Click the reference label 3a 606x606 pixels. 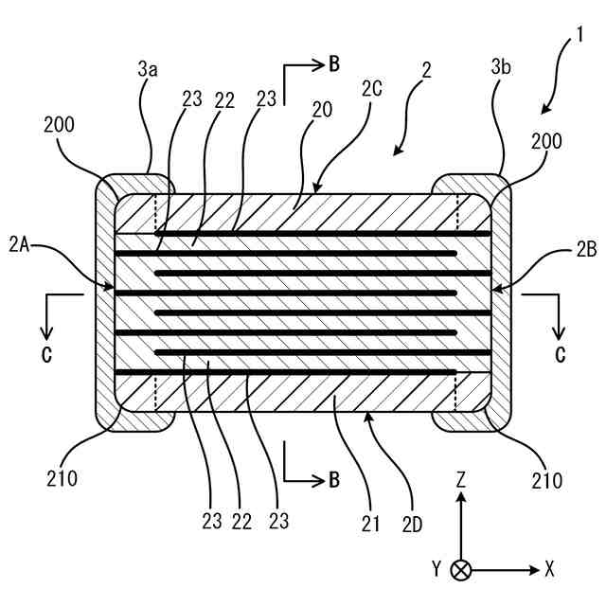[x=147, y=68]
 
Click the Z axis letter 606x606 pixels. [x=461, y=480]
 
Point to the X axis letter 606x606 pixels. [x=549, y=569]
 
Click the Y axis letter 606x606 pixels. [x=437, y=569]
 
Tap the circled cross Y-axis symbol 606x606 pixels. [x=461, y=570]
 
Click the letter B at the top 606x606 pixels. [x=334, y=64]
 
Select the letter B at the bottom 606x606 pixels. [x=334, y=479]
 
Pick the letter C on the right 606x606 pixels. [x=560, y=355]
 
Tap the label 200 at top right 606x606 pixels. [x=546, y=141]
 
